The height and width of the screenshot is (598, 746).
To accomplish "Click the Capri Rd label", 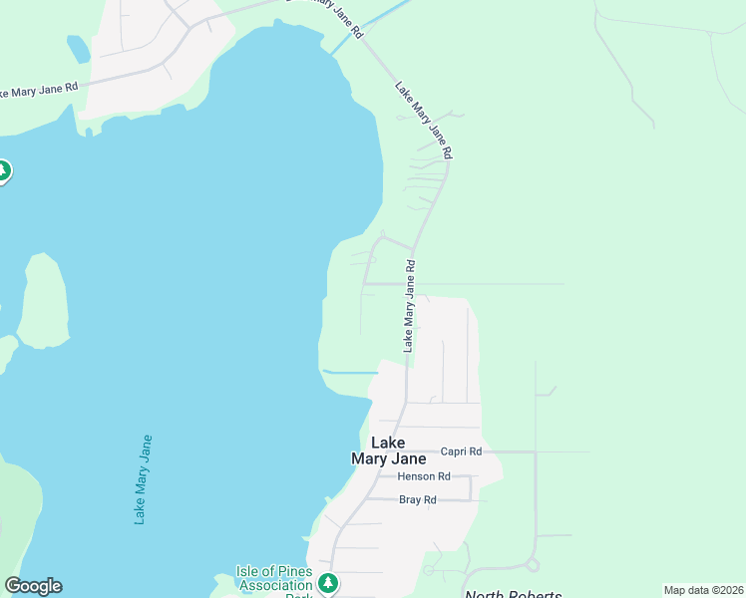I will click(461, 451).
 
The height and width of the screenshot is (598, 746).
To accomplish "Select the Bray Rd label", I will click(418, 499).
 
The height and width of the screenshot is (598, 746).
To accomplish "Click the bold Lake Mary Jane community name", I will click(388, 450).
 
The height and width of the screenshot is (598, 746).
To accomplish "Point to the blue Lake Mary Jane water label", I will click(144, 478).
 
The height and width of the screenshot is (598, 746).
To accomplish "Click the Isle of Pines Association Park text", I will click(274, 579).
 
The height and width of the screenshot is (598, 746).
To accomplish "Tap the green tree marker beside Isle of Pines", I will click(327, 582).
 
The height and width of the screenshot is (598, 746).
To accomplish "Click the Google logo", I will click(33, 586).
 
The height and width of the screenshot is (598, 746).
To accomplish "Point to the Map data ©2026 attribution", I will click(703, 590).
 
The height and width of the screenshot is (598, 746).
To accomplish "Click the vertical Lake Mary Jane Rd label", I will click(409, 306).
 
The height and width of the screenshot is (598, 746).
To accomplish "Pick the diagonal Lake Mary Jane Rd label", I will click(424, 121).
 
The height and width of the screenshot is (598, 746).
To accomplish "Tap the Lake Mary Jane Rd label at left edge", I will click(38, 91).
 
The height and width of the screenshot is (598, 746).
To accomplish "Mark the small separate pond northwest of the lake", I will click(77, 48).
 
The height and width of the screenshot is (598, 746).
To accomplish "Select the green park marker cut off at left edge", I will click(3, 171).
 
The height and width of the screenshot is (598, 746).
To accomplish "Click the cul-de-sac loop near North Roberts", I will click(533, 565).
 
